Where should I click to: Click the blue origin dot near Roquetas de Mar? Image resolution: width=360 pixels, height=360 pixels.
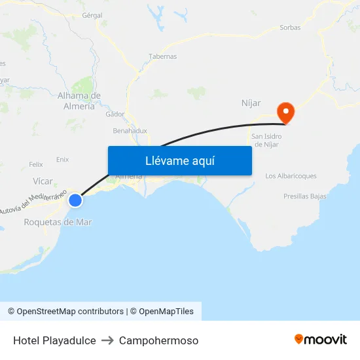point(75,200)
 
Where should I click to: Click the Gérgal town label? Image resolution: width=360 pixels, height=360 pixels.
point(92,14)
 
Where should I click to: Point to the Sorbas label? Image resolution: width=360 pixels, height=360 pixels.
point(290,27)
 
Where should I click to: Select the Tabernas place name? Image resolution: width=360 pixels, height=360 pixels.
point(163,56)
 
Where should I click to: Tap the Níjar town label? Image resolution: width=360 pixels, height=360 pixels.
point(251,103)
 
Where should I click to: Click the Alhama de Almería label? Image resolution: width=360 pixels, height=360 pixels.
point(79,101)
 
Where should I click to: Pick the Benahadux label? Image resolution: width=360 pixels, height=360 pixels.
point(130,131)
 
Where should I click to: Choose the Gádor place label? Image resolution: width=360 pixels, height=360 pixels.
point(115,114)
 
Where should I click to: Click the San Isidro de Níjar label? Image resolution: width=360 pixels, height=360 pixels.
point(266,140)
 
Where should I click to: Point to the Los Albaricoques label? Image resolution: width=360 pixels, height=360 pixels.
point(291,176)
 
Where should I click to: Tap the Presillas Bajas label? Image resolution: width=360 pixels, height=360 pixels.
point(304,196)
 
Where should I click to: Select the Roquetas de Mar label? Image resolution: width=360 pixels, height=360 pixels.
point(58,222)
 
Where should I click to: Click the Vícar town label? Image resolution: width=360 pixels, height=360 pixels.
point(43,181)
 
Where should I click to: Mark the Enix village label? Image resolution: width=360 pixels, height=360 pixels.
point(62,159)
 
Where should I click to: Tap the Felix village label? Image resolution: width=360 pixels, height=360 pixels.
point(36,164)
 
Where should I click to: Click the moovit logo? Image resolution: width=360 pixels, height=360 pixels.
point(320,340)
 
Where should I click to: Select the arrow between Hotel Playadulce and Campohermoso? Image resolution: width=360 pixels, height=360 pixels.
point(107,340)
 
